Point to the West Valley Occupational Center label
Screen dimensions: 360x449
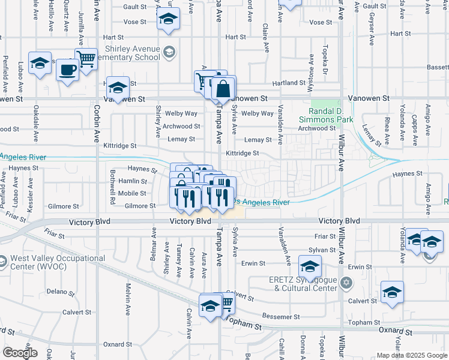tap(58, 262)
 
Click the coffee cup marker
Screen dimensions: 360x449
tap(67, 70)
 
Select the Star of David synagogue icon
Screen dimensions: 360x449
tap(346, 283)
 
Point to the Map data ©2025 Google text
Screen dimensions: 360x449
tap(412, 355)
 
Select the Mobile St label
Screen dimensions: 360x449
tap(132, 193)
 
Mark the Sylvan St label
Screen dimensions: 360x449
tap(325, 249)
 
